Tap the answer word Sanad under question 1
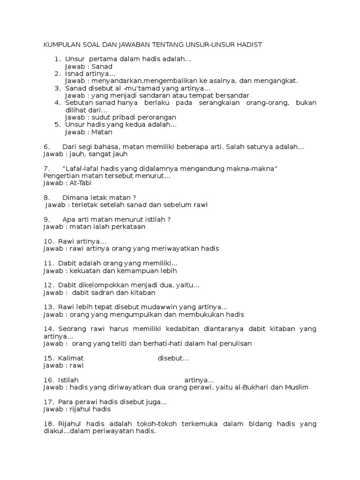pos(103,67)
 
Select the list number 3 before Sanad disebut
pos(57,88)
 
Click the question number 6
pos(46,147)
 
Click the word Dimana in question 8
pos(74,197)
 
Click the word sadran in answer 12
pos(101,292)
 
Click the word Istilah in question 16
pos(68,380)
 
